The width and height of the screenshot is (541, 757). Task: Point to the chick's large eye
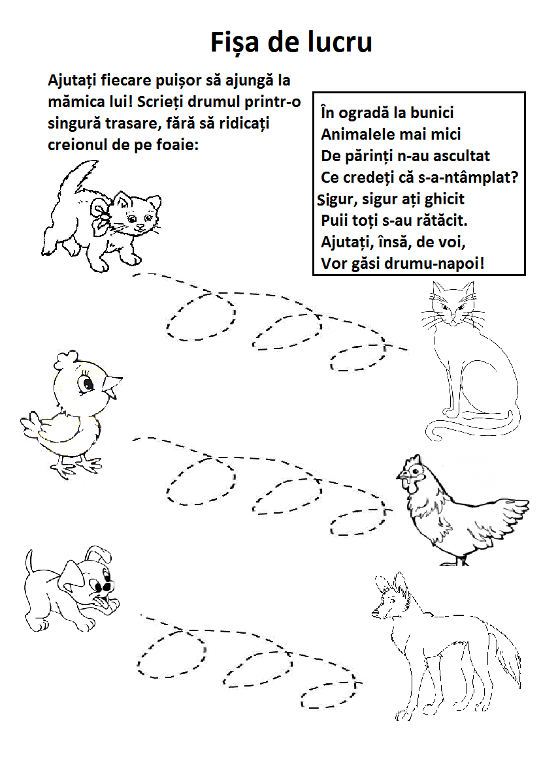[88, 383]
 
